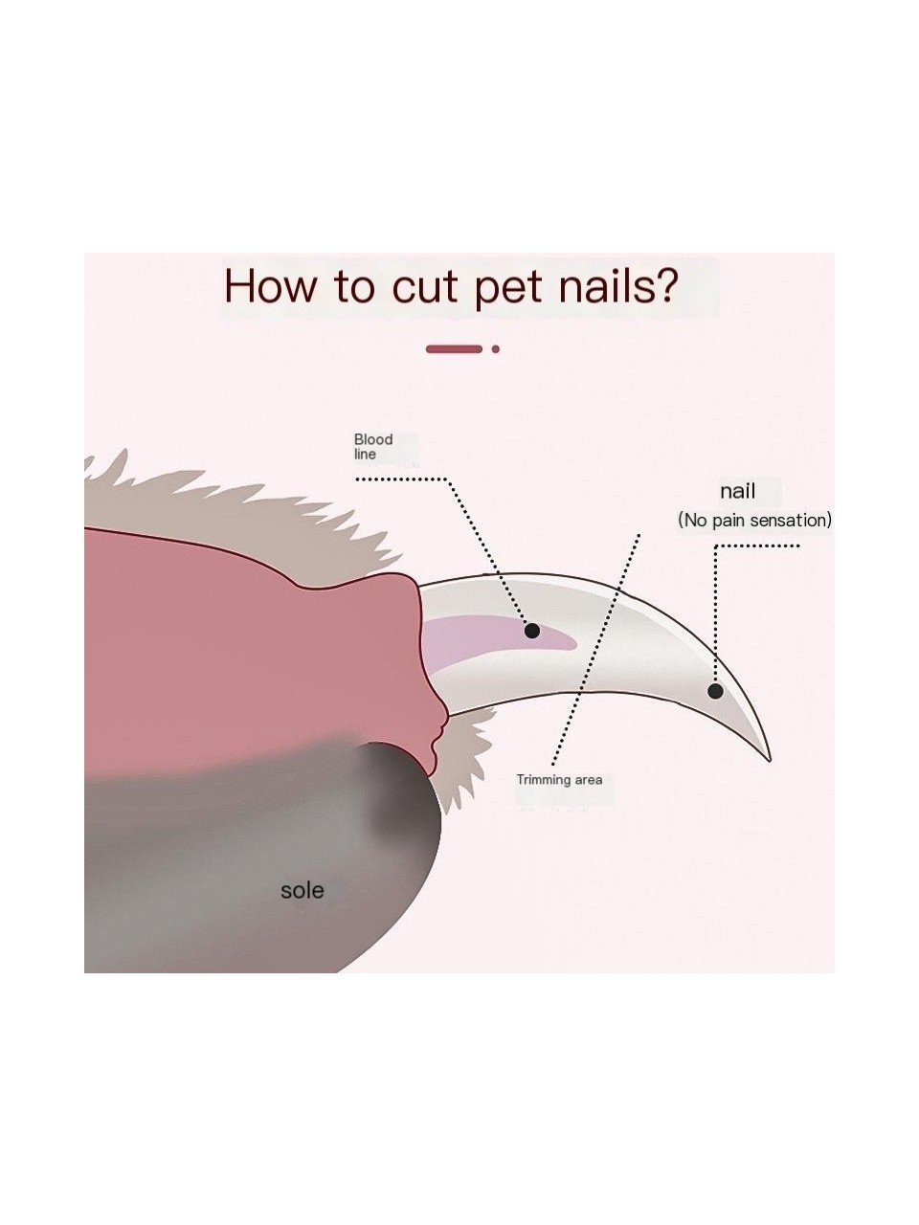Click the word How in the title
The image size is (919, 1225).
click(270, 285)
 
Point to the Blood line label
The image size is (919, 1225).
click(372, 447)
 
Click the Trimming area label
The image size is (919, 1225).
click(559, 780)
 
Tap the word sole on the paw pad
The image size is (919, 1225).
click(302, 890)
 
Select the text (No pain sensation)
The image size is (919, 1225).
click(754, 520)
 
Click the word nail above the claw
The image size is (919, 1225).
click(737, 491)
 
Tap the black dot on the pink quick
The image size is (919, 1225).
click(532, 631)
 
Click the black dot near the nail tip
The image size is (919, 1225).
click(715, 692)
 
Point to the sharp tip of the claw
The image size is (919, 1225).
click(771, 760)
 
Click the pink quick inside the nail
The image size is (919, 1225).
click(491, 642)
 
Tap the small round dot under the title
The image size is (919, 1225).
click(496, 349)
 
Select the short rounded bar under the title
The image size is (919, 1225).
click(454, 349)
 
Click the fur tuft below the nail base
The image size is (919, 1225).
click(463, 759)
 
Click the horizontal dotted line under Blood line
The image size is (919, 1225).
click(401, 479)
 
